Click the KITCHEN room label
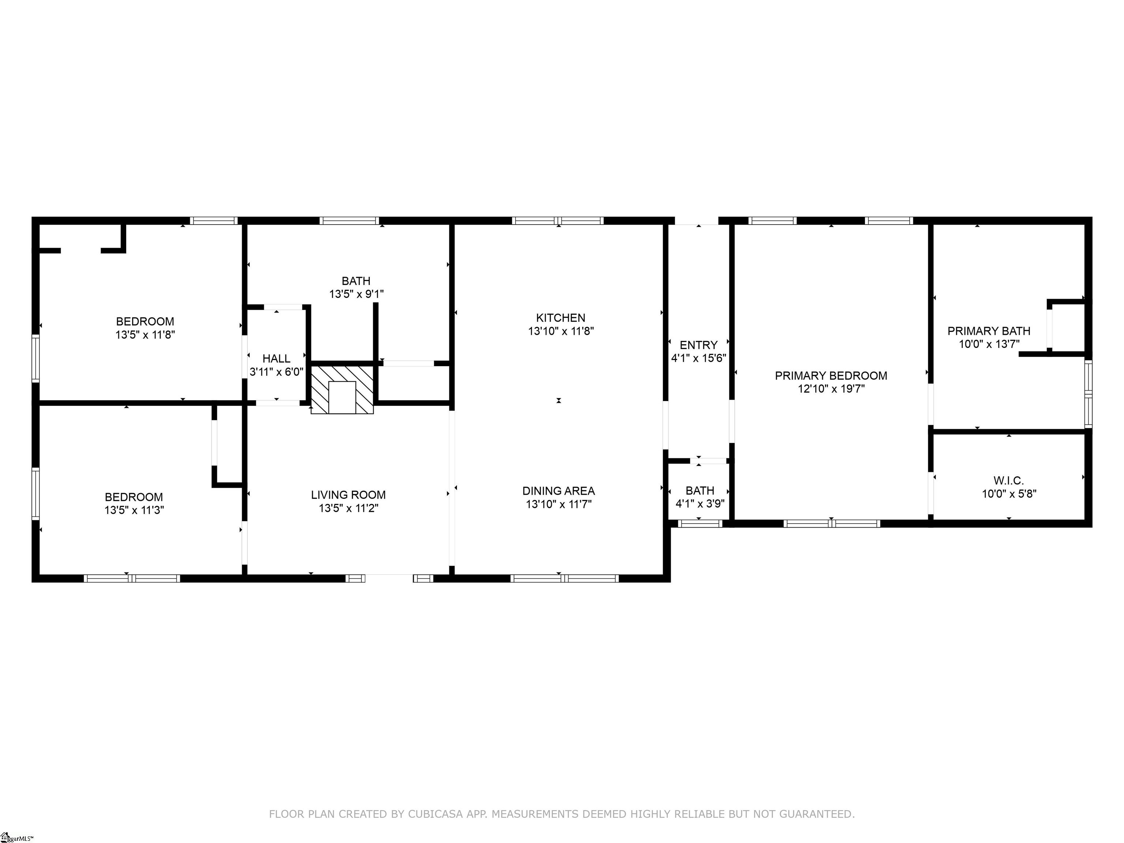point(561,318)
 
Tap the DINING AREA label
point(558,491)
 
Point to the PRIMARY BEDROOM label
point(831,376)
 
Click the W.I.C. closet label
point(1009,481)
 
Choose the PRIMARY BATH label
point(989,331)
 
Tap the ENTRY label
point(699,345)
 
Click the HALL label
point(277,359)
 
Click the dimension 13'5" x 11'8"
point(145,335)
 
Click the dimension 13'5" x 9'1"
point(356,294)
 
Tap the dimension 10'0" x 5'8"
point(1009,494)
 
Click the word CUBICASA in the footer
point(435,814)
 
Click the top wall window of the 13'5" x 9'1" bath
point(349,221)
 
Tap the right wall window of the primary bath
point(1088,393)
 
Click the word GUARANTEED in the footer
point(817,814)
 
